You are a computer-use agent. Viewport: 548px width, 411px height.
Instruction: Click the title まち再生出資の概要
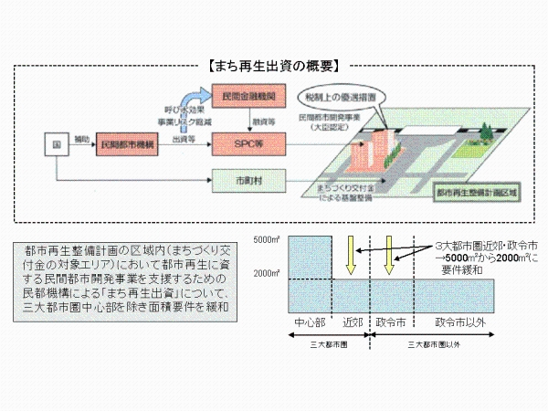[274, 66]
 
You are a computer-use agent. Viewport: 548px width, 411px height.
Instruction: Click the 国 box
[56, 144]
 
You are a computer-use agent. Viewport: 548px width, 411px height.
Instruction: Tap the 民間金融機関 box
[248, 97]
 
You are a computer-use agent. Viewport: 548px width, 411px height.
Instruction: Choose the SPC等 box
[248, 144]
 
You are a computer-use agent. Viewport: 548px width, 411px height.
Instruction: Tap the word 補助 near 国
[81, 138]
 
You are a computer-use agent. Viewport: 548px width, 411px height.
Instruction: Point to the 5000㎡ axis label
[267, 239]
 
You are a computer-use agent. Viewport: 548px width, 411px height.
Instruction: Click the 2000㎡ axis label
[267, 273]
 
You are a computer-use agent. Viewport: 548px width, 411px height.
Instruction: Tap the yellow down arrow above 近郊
[351, 256]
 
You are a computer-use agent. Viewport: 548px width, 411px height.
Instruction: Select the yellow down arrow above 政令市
[389, 256]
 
